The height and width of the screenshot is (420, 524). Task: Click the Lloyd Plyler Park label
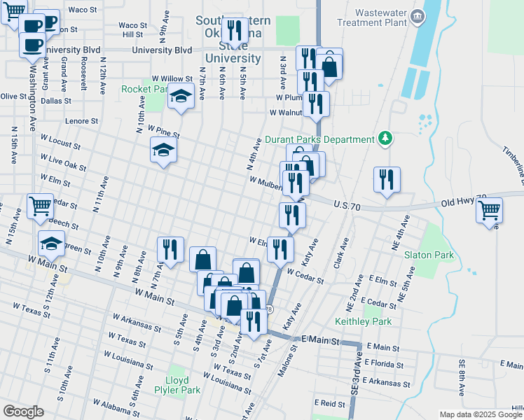[x=178, y=384]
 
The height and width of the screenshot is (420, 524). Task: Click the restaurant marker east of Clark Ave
[x=387, y=178]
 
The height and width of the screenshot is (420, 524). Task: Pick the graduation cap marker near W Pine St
[x=163, y=149]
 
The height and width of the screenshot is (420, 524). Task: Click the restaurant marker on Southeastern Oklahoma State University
[x=234, y=29]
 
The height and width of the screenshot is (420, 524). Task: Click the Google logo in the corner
[x=23, y=412]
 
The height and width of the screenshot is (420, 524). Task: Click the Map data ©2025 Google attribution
[x=480, y=414]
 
